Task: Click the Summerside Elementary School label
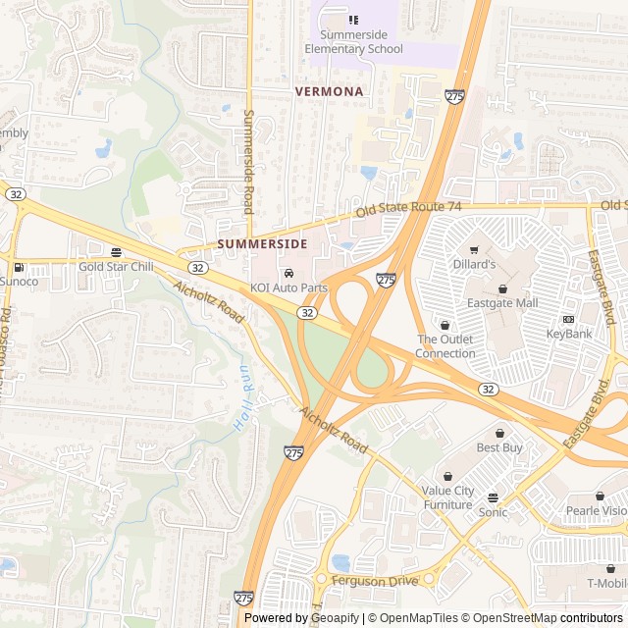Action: [x=353, y=41]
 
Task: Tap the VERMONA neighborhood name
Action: [x=330, y=91]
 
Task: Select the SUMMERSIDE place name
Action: [x=262, y=243]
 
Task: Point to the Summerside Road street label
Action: [x=248, y=162]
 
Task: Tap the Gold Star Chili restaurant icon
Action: [x=117, y=252]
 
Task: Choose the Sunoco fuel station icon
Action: [x=18, y=267]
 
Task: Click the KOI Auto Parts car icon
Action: [x=288, y=273]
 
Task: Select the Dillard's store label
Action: [x=475, y=264]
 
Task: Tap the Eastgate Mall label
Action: [x=502, y=303]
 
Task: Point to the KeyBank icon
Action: [x=568, y=320]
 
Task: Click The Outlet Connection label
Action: [x=445, y=346]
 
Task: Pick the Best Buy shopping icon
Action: [x=499, y=433]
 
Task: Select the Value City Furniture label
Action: [x=447, y=497]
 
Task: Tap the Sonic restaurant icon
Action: [x=493, y=497]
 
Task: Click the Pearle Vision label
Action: [x=596, y=510]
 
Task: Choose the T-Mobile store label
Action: [x=606, y=583]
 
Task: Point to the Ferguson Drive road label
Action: [x=374, y=581]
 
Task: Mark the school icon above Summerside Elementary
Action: [x=353, y=20]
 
